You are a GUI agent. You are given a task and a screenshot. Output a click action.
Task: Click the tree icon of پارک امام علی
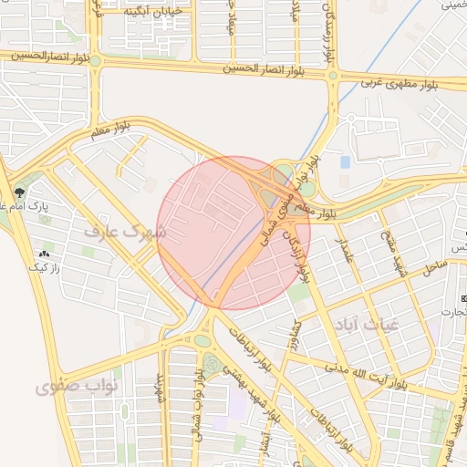19,192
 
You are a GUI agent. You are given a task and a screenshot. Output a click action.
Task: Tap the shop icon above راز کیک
43,253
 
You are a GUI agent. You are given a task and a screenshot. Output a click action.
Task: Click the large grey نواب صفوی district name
78,388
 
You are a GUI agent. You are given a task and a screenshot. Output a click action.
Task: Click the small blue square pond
345,162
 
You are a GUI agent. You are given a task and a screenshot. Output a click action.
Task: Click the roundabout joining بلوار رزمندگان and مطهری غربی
334,76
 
